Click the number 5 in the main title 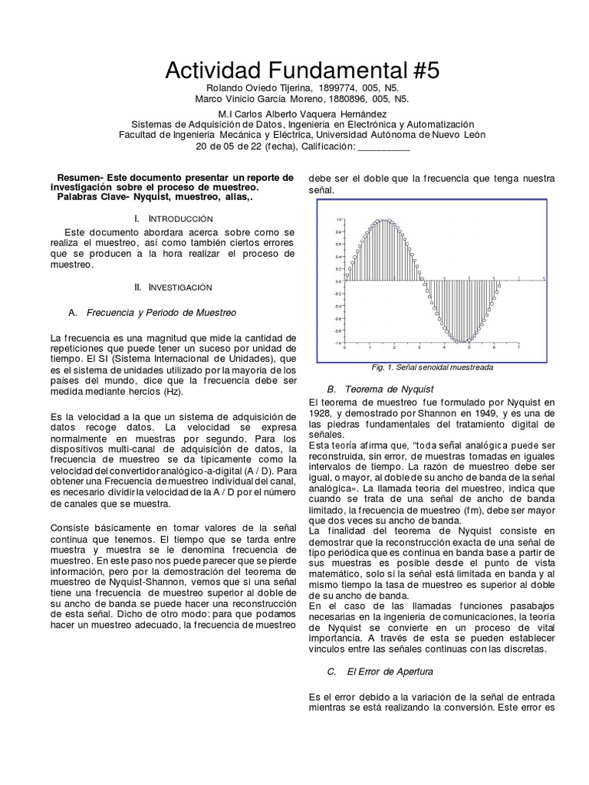coord(432,72)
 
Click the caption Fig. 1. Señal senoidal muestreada coord(432,367)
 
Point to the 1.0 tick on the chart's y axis coord(339,220)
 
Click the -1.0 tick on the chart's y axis coord(338,343)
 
